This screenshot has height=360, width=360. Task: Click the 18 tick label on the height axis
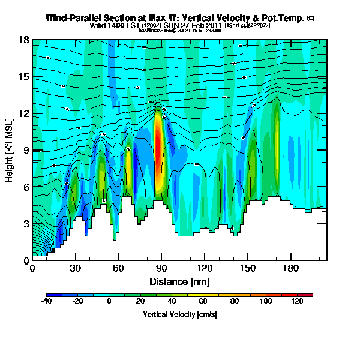[x=24, y=40]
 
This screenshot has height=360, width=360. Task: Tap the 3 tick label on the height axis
[x=26, y=224]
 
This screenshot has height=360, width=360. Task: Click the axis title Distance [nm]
[x=179, y=281]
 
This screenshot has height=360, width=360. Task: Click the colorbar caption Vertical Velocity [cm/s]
[x=180, y=314]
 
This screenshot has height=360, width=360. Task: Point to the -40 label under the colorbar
[x=46, y=302]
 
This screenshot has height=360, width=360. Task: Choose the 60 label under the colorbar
[x=203, y=302]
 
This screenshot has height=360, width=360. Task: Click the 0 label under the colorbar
[x=109, y=302]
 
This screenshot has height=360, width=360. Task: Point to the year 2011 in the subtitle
[x=214, y=26]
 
